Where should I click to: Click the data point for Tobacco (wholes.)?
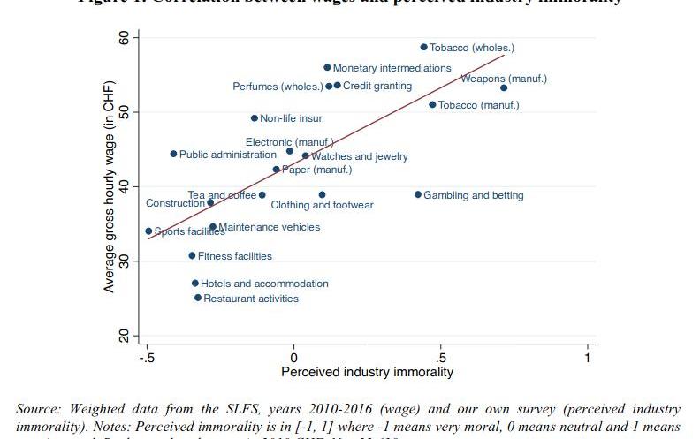point(423,48)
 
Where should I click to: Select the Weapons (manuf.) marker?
point(504,87)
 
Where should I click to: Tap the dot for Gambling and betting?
point(418,194)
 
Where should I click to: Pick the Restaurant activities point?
point(198,298)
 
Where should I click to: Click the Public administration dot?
point(173,154)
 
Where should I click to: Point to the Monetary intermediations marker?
point(327,67)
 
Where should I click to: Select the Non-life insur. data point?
point(255,117)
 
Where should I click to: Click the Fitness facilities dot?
point(192,255)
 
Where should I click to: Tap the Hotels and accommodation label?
point(264,284)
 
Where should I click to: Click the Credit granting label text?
point(377,86)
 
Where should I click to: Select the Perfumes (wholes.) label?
point(278,87)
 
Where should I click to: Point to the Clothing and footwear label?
point(322,205)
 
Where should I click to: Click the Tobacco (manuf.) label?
point(479,105)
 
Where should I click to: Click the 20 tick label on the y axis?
point(123,337)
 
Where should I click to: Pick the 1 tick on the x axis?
point(588,357)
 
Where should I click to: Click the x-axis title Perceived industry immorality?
point(367,372)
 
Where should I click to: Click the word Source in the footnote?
point(39,409)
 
